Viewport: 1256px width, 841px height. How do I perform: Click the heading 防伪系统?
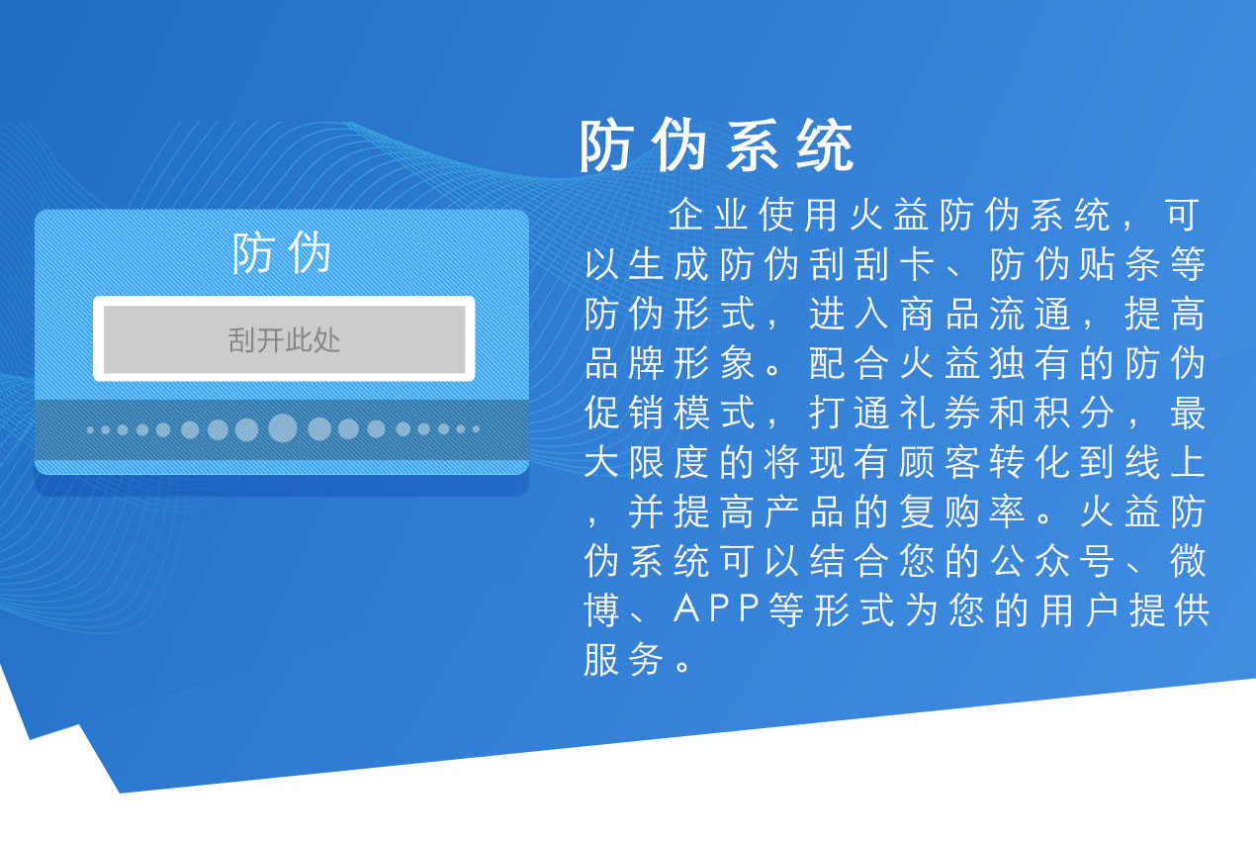point(717,148)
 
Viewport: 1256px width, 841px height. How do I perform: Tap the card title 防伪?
point(282,254)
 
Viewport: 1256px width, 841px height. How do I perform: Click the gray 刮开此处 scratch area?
point(285,340)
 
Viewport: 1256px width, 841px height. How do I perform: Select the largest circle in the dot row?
point(282,428)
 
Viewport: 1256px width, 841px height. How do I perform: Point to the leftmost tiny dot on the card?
point(91,429)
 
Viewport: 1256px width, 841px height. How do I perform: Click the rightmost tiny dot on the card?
point(476,429)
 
